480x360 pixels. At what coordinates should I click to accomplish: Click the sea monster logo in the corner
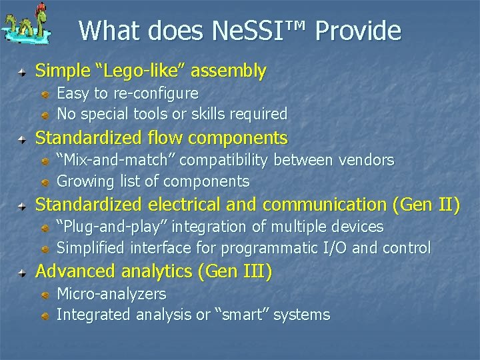click(25, 26)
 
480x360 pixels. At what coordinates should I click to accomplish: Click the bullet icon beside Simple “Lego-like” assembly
click(23, 71)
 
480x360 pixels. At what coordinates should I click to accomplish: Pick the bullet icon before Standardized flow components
click(23, 139)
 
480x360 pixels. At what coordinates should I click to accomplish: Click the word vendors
click(367, 160)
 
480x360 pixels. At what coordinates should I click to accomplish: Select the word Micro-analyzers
click(111, 294)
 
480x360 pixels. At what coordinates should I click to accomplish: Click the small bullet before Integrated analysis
click(45, 315)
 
